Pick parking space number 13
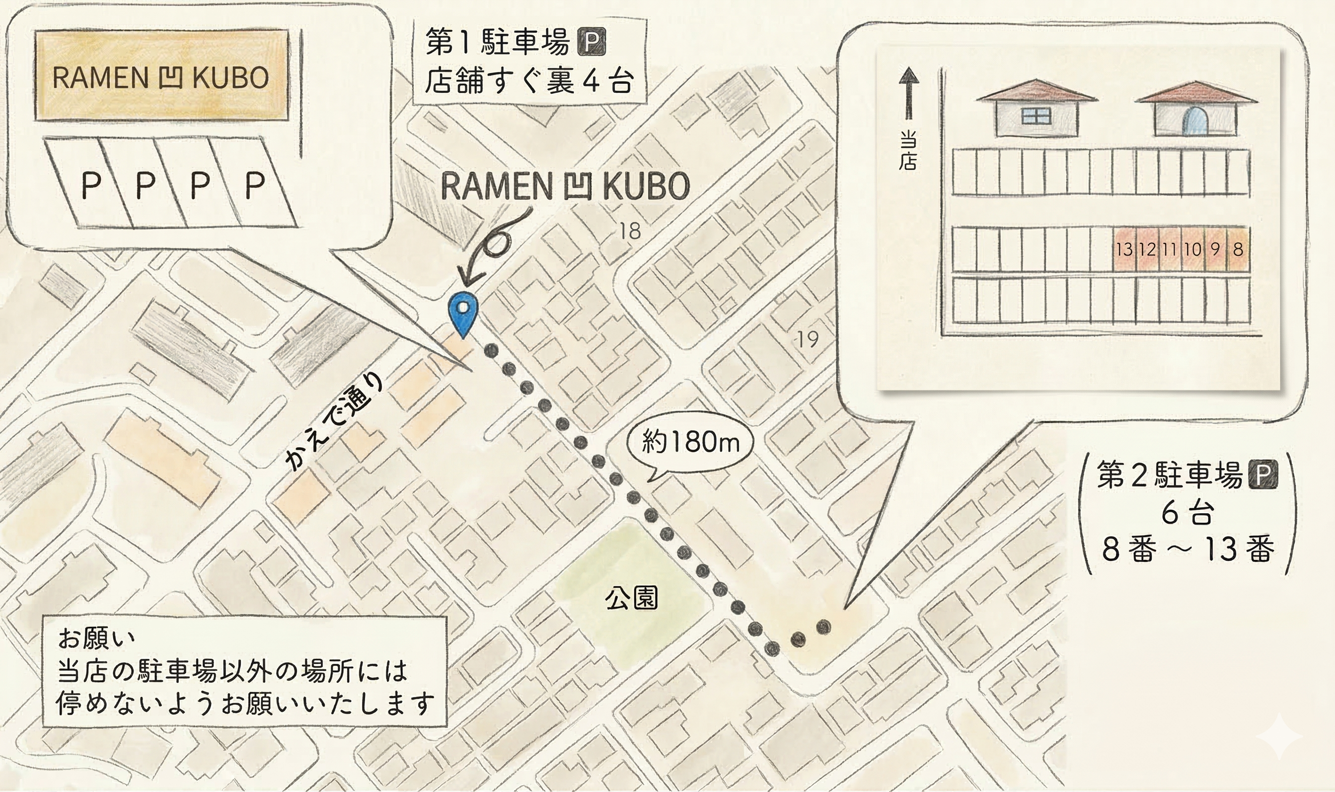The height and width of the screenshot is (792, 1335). [x=1124, y=250]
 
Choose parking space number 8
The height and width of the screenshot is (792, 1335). [x=1238, y=250]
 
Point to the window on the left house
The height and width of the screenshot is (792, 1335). [x=1036, y=116]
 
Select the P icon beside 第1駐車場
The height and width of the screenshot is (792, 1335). [x=592, y=42]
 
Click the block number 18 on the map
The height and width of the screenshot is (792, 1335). [x=629, y=232]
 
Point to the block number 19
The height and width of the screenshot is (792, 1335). [x=807, y=339]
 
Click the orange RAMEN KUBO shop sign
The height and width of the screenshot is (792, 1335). [x=161, y=78]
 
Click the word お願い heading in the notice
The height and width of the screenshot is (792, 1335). [x=96, y=638]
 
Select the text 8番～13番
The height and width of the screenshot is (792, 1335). [x=1188, y=550]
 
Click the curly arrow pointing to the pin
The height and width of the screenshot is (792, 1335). [x=493, y=248]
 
